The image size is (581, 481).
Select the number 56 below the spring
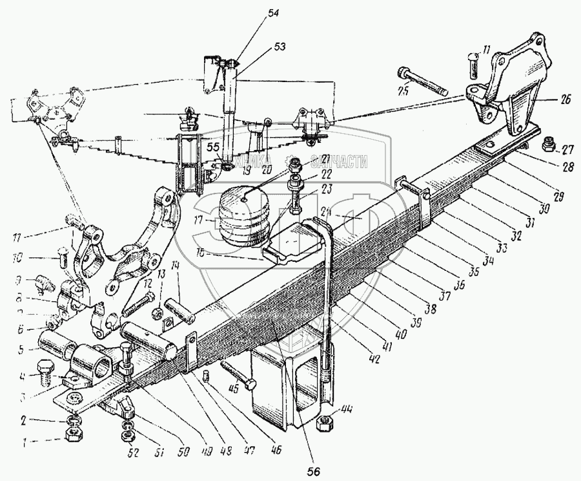click(314, 470)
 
